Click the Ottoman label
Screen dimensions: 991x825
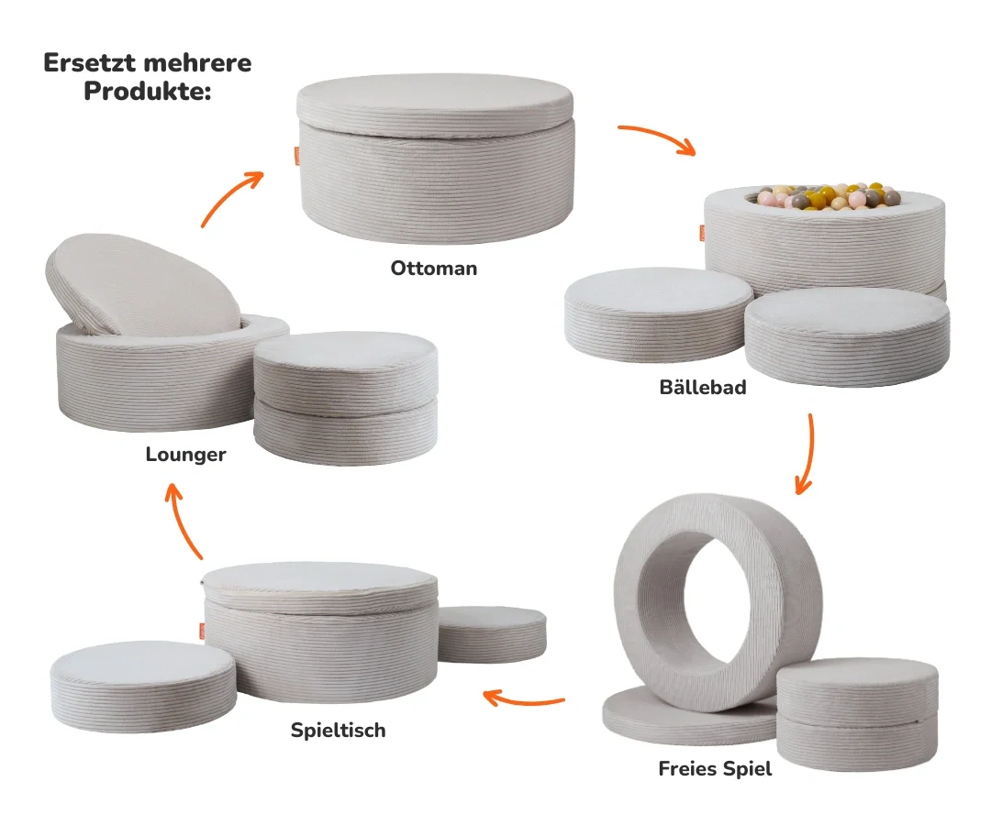click(433, 269)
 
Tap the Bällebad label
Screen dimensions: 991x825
click(703, 387)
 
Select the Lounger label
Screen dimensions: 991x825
click(185, 455)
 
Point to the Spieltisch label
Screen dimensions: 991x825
click(338, 731)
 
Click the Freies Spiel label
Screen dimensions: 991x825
click(715, 769)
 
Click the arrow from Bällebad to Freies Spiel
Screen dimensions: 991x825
click(807, 455)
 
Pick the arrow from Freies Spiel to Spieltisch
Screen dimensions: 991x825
click(523, 700)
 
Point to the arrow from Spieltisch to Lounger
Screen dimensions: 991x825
click(182, 521)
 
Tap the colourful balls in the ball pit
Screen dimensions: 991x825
click(827, 195)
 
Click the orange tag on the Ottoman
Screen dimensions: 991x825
click(297, 155)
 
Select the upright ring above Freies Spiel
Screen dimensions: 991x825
click(718, 603)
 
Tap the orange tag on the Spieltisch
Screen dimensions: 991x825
click(202, 632)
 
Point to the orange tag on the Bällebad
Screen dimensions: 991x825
click(702, 233)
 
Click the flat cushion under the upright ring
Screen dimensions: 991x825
click(689, 717)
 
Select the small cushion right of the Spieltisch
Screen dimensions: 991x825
click(493, 634)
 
